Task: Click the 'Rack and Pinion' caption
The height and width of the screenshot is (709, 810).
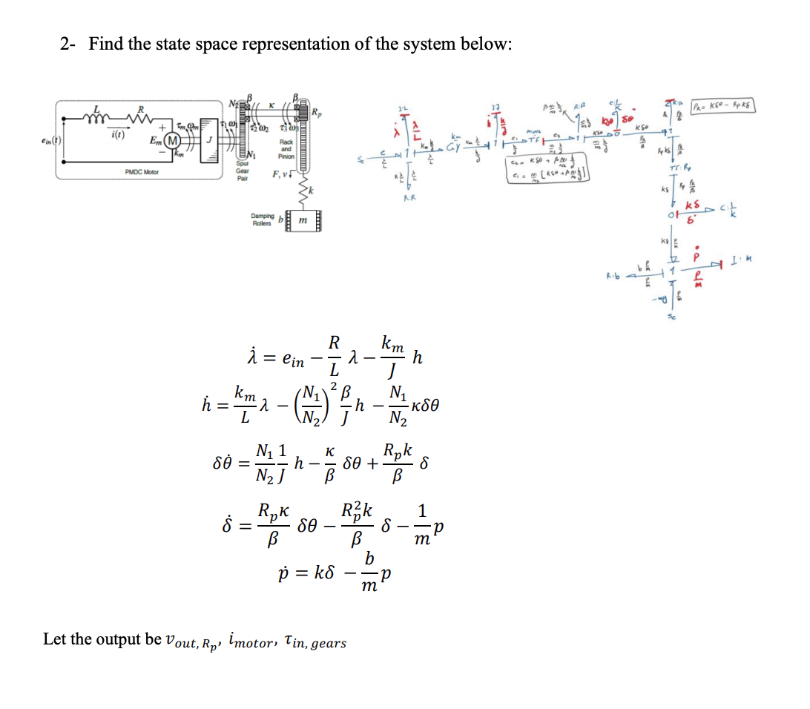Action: point(286,151)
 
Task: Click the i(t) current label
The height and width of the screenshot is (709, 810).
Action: point(116,135)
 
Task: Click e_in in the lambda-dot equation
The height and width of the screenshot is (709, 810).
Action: point(300,360)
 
